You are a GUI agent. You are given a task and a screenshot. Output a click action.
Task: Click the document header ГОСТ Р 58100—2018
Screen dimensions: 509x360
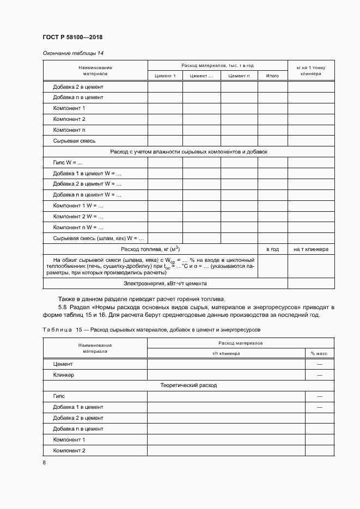(x=72, y=38)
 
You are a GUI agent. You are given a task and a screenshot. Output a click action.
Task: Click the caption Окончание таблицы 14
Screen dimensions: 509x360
(x=73, y=53)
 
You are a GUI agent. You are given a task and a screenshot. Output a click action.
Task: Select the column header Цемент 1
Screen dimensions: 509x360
(x=165, y=76)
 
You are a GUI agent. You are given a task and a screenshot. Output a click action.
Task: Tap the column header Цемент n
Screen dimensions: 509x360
(x=239, y=76)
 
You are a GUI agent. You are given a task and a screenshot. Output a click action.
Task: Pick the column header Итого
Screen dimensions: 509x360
(x=272, y=76)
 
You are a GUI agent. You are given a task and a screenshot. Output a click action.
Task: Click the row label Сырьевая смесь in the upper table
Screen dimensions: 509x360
(x=75, y=141)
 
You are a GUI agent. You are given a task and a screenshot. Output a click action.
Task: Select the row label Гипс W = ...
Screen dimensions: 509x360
(x=68, y=163)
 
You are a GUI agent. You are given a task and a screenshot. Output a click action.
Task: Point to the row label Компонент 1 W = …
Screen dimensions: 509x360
(x=78, y=206)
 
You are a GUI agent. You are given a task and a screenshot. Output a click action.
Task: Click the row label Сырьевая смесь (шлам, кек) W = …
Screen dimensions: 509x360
(x=98, y=238)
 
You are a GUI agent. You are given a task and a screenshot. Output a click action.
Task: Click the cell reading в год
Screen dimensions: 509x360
(x=272, y=249)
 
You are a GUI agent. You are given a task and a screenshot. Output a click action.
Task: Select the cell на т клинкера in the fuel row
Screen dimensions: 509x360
(x=310, y=249)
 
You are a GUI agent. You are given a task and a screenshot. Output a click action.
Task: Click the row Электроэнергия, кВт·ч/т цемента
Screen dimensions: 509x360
(x=165, y=284)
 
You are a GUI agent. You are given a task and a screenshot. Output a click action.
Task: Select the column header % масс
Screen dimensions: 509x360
(x=319, y=353)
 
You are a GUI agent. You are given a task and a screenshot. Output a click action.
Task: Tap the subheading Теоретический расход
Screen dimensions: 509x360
(x=188, y=385)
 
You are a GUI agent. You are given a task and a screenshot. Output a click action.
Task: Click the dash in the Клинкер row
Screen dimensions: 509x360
(x=319, y=375)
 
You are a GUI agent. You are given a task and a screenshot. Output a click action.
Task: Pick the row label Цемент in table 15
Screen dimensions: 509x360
(x=63, y=364)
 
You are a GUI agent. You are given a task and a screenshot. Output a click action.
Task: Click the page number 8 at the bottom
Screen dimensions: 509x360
(x=44, y=463)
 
